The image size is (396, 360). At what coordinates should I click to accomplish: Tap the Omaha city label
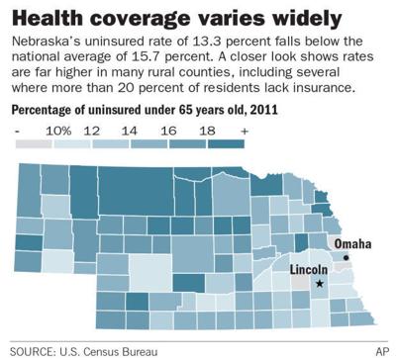(353, 243)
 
